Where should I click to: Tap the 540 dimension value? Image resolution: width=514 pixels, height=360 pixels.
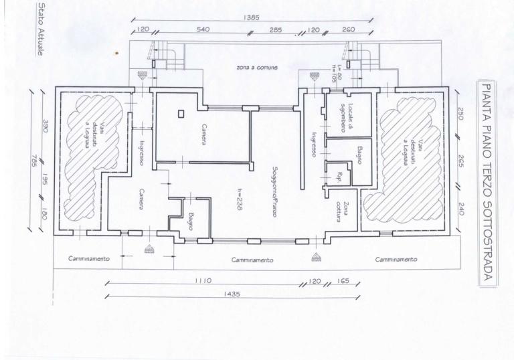point(203,30)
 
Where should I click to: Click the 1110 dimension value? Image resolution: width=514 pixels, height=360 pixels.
point(203,281)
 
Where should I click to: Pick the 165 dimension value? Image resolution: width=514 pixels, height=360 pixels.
point(343,281)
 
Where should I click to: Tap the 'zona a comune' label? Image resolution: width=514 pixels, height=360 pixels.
point(256,68)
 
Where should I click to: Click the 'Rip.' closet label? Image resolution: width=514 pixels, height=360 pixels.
point(339,177)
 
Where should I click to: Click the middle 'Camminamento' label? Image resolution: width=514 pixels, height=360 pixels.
point(252,260)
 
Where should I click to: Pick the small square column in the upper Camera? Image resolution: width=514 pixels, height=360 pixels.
point(179,114)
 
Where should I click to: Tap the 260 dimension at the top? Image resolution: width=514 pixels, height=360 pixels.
point(349,30)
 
